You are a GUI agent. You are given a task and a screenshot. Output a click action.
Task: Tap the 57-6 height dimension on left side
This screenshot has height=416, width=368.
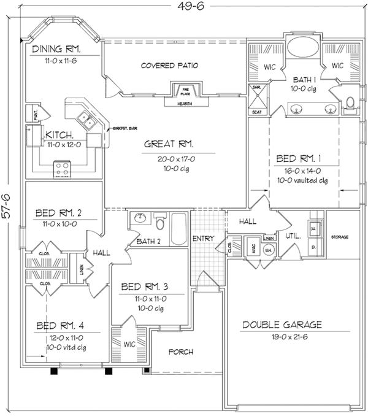6,209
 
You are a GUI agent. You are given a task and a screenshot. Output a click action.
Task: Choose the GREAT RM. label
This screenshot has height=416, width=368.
169,145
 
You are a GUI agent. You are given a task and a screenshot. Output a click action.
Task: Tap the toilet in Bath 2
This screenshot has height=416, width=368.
159,220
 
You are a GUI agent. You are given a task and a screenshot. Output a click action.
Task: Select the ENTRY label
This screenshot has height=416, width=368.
202,239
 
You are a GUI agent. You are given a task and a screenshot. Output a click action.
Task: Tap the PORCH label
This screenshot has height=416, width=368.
180,352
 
